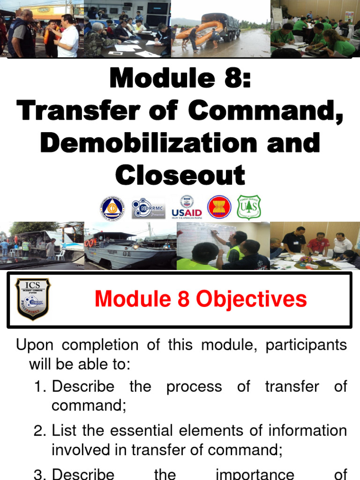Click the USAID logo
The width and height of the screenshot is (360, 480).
click(187, 207)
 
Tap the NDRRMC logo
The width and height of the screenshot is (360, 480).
click(148, 208)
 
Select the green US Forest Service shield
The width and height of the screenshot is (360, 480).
click(249, 207)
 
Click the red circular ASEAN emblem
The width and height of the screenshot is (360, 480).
click(219, 207)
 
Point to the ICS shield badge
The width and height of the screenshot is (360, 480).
click(32, 299)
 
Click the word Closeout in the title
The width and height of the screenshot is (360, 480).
click(180, 175)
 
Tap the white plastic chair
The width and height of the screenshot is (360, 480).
click(60, 255)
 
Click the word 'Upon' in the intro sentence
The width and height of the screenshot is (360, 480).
click(35, 345)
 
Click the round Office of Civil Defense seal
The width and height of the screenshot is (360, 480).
click(112, 208)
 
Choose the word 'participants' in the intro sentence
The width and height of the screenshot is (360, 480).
click(306, 345)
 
